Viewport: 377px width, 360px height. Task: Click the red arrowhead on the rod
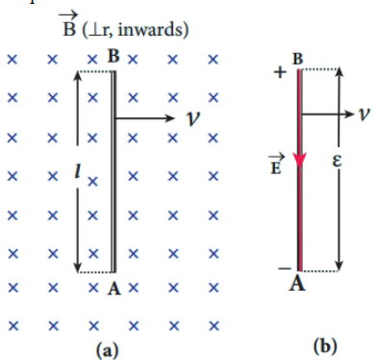click(x=300, y=160)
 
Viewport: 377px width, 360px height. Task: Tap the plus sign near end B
click(x=280, y=72)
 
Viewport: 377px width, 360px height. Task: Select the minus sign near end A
click(x=285, y=269)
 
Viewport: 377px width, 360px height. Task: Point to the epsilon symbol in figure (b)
click(x=337, y=161)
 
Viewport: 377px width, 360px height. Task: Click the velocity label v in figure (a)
click(x=193, y=118)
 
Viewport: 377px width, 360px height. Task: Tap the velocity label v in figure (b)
click(x=364, y=114)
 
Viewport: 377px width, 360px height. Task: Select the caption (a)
click(x=107, y=350)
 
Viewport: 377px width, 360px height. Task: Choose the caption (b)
click(x=325, y=347)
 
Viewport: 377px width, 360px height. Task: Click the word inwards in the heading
click(x=155, y=30)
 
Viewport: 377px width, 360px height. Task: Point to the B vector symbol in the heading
click(x=69, y=24)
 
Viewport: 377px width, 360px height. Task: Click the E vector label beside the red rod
click(x=276, y=164)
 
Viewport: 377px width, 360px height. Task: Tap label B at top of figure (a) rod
click(x=113, y=56)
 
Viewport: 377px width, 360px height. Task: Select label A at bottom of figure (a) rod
click(x=114, y=288)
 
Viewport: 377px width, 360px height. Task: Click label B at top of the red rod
click(x=298, y=60)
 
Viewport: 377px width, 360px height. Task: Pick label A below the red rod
click(x=297, y=283)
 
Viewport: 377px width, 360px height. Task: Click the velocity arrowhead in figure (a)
click(x=169, y=118)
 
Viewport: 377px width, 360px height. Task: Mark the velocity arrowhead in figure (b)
click(x=349, y=114)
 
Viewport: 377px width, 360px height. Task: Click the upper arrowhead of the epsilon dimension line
click(x=339, y=72)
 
